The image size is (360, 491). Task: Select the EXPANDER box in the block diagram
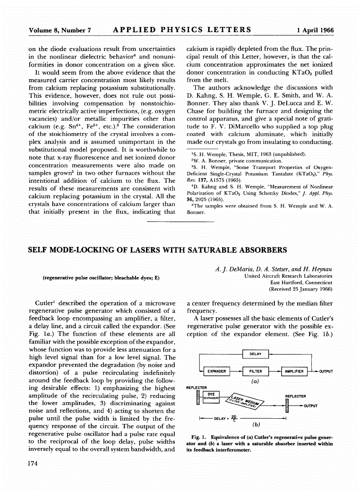click(217, 371)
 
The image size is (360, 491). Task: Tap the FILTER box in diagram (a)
click(256, 371)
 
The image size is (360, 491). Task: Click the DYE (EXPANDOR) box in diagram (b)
click(211, 396)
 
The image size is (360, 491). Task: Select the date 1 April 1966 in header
click(315, 30)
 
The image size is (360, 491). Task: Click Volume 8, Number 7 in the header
click(60, 30)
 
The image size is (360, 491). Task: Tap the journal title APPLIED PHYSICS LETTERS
click(182, 30)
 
